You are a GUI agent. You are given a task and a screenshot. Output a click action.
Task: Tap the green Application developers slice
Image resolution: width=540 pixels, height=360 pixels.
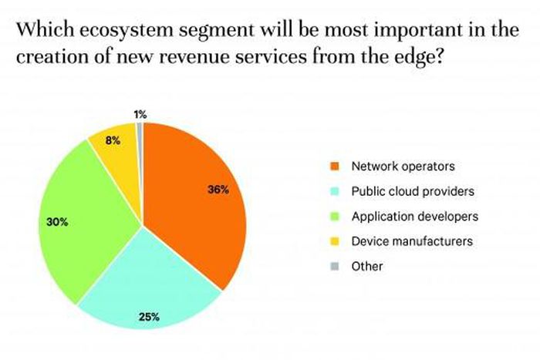85,216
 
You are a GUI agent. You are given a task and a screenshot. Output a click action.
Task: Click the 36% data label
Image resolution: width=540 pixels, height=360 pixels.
218,190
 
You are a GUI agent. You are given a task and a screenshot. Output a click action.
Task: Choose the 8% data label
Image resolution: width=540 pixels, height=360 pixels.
112,140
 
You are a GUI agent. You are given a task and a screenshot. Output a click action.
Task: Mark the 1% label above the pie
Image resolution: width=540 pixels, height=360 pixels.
140,114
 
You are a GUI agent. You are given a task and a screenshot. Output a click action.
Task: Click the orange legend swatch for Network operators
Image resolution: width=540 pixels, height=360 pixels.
334,165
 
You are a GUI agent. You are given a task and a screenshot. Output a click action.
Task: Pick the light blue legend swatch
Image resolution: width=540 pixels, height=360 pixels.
334,190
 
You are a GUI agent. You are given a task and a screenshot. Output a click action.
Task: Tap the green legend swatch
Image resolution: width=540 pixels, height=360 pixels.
334,216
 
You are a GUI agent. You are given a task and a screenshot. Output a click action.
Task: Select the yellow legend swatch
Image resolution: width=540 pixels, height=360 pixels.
334,241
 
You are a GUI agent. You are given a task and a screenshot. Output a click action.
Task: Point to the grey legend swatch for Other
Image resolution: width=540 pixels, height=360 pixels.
334,267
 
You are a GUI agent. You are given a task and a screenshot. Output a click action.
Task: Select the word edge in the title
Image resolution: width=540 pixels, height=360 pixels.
415,59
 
